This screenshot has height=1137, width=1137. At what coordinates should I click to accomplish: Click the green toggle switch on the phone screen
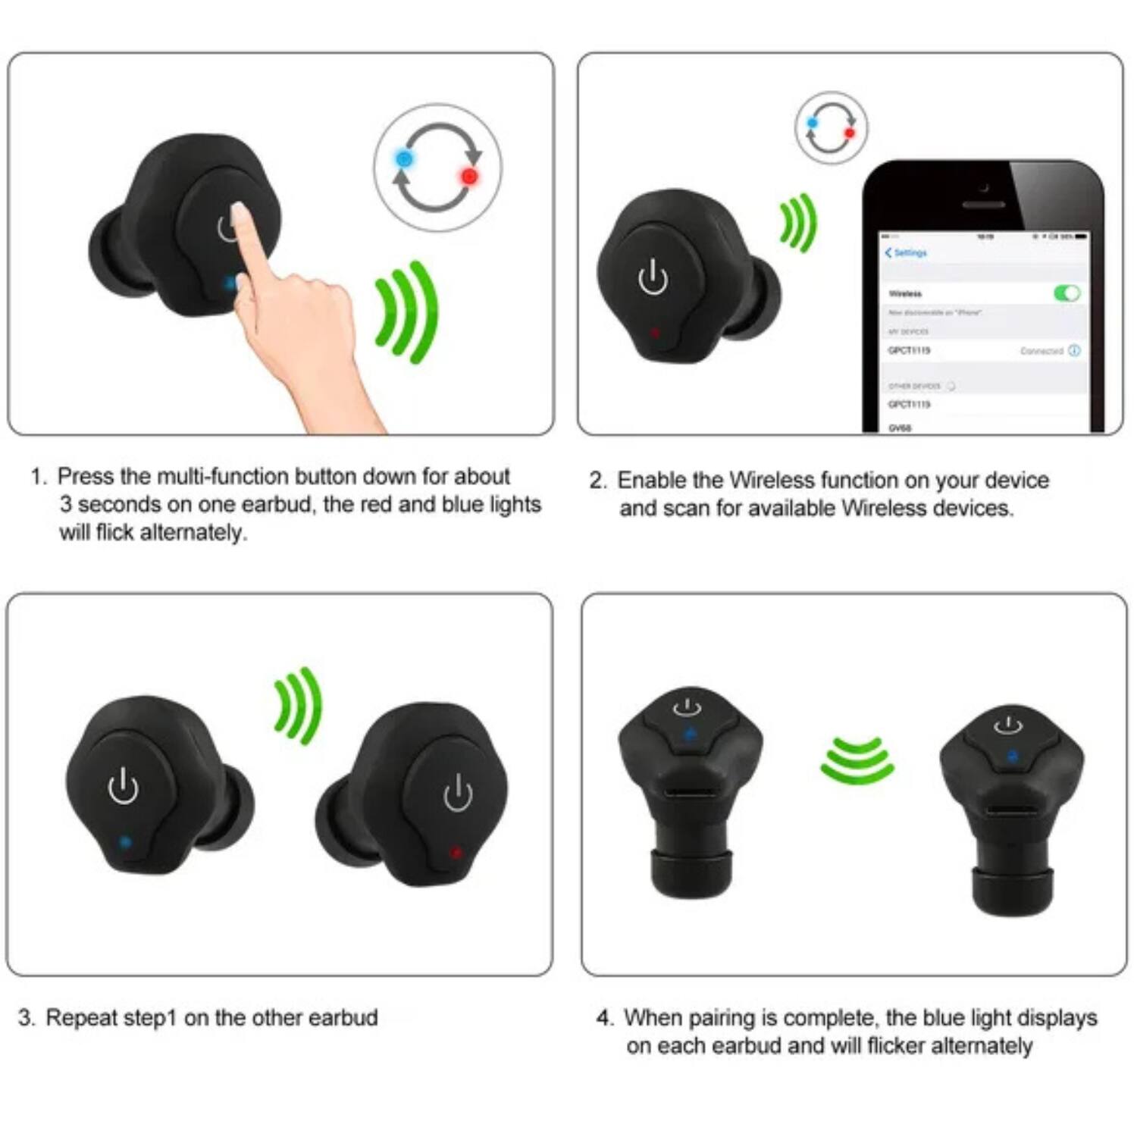click(1067, 293)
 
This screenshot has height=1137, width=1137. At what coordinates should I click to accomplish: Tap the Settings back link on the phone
click(907, 252)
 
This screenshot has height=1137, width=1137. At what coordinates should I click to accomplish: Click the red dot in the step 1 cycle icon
click(469, 177)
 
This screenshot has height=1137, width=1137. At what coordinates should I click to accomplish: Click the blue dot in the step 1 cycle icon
click(404, 159)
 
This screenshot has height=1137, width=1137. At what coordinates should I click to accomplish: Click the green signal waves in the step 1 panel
click(408, 312)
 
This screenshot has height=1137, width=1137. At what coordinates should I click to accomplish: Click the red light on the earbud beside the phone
click(656, 333)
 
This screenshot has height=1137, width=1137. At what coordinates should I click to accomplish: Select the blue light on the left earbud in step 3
click(125, 841)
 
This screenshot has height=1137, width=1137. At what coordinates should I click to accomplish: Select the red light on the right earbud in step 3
click(456, 852)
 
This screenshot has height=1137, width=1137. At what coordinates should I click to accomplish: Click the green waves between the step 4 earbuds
click(857, 760)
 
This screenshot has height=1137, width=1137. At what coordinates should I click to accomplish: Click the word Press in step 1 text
click(86, 477)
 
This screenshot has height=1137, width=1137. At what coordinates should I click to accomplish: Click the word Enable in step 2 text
click(651, 481)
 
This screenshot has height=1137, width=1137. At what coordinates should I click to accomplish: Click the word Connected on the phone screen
click(1041, 351)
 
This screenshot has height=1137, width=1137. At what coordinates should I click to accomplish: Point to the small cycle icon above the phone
click(831, 127)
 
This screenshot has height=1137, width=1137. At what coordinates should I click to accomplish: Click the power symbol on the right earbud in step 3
click(458, 793)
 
